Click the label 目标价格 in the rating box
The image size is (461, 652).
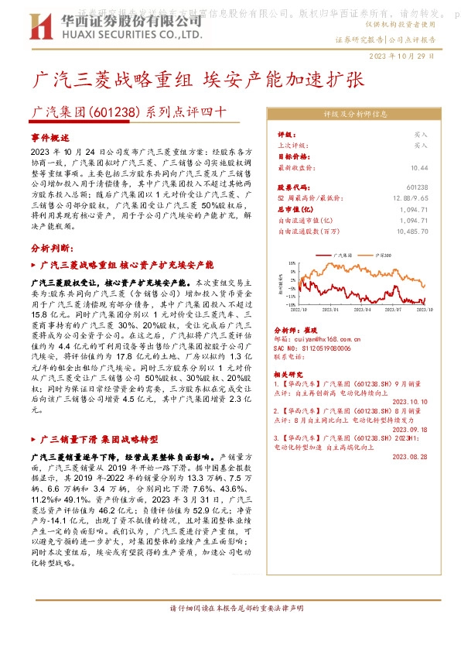coord(290,156)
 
